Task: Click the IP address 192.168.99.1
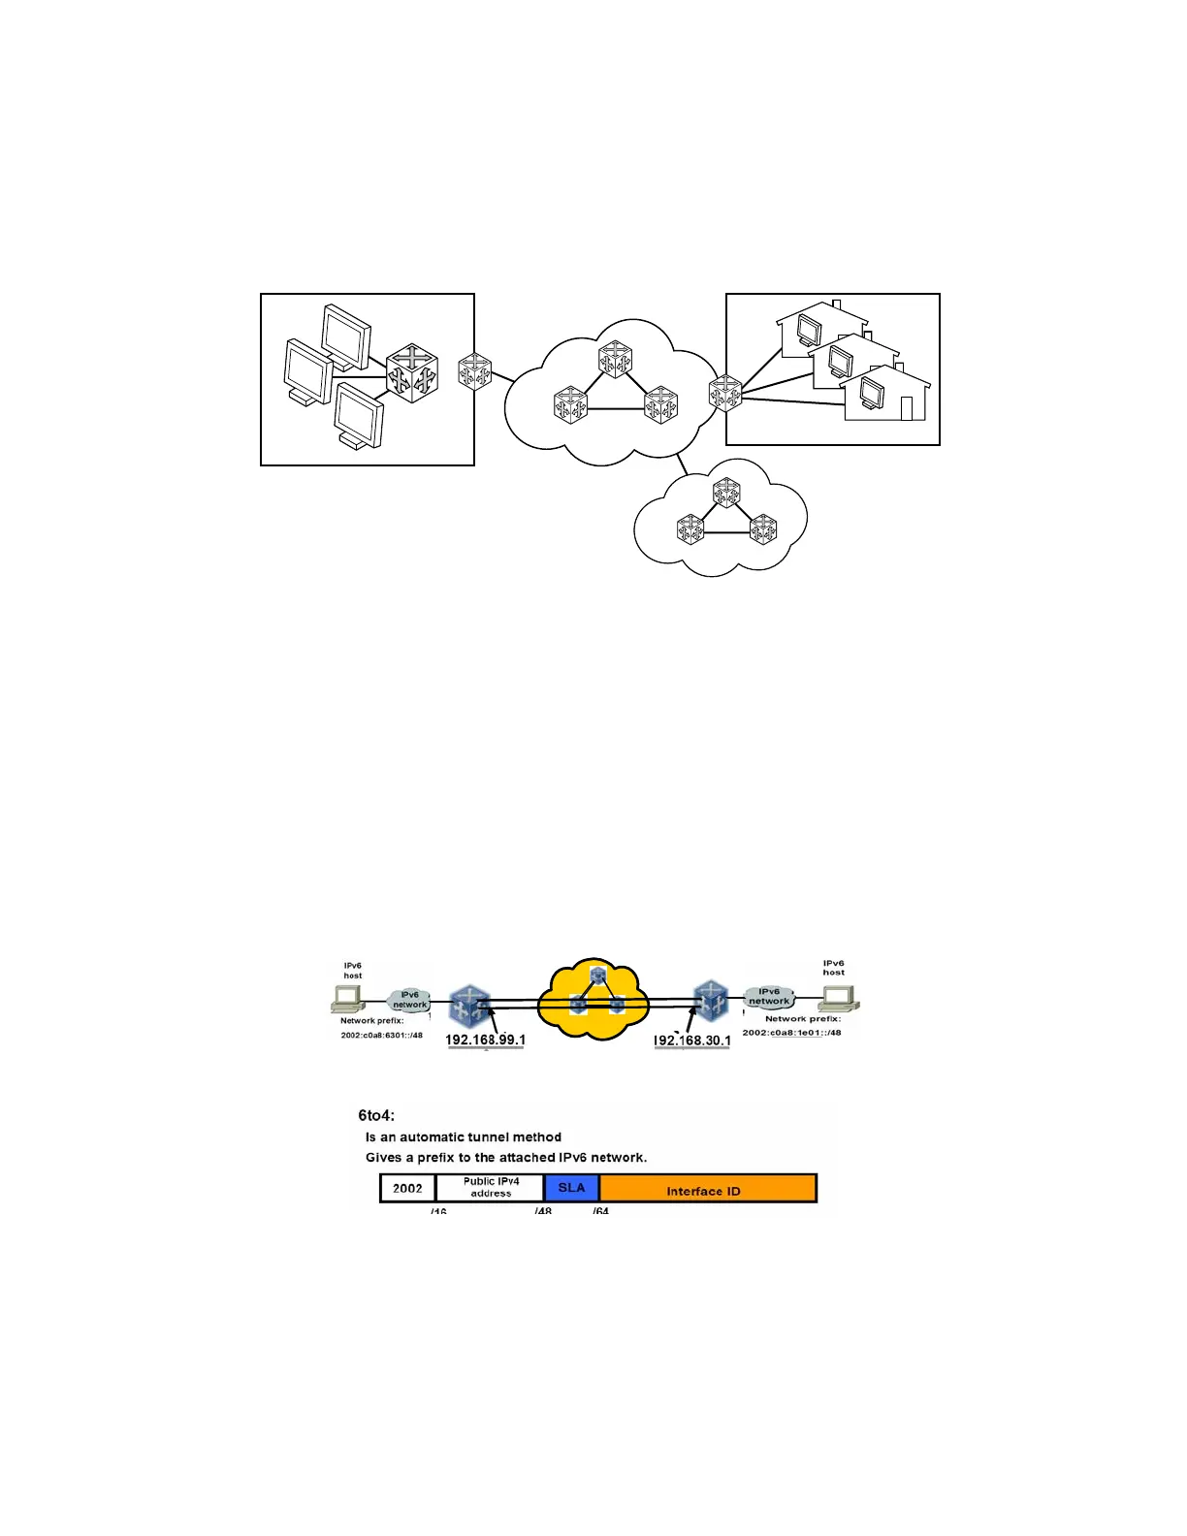(485, 1040)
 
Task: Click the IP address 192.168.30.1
(691, 1040)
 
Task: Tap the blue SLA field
(571, 1188)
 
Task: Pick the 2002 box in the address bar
(407, 1189)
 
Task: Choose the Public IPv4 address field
(491, 1188)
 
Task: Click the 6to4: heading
(376, 1115)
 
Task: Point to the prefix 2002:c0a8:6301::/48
(381, 1035)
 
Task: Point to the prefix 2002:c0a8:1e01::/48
(791, 1032)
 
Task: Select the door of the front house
(907, 408)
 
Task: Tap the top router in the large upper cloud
(615, 359)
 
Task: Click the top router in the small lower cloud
(726, 493)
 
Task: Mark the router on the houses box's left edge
(725, 394)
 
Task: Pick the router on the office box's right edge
(474, 372)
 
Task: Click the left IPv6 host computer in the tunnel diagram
(347, 998)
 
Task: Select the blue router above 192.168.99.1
(470, 1006)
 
